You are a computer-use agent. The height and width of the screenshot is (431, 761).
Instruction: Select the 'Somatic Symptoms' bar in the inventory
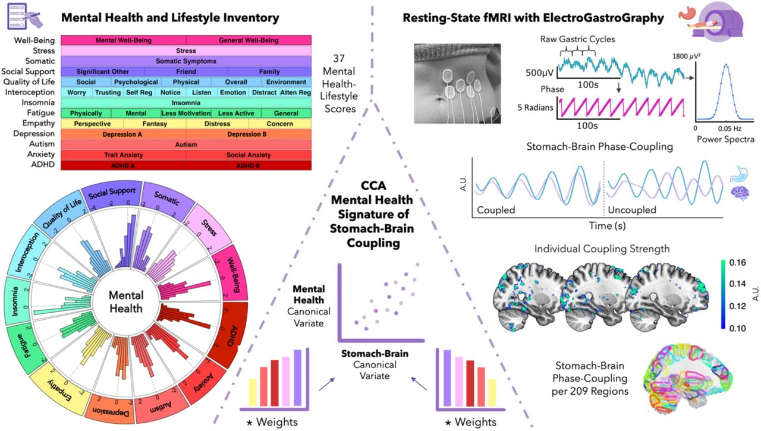coord(185,61)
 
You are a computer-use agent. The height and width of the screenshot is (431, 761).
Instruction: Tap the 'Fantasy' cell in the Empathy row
coord(155,124)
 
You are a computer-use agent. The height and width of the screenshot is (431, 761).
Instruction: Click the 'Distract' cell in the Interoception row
coord(264,92)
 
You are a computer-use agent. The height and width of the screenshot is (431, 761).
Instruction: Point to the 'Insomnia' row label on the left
coord(39,102)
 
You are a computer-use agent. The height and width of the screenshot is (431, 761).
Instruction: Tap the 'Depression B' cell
coord(248,134)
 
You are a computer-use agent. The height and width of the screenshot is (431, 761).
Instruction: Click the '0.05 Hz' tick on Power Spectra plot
coord(725,128)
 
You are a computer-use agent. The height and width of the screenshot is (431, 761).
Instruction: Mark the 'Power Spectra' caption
coord(724,141)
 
